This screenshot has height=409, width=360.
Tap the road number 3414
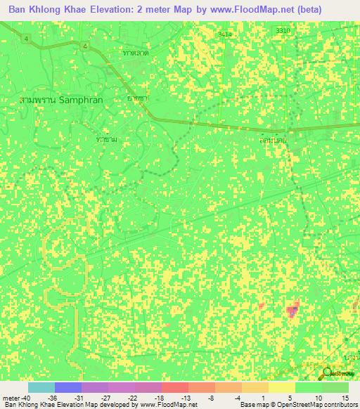pos(225,33)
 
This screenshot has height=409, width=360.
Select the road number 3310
pos(283,31)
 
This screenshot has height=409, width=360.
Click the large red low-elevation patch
pos(292,311)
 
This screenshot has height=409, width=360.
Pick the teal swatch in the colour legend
pos(41,387)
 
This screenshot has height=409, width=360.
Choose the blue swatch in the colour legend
pos(68,387)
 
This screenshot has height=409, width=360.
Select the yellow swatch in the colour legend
pos(281,387)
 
